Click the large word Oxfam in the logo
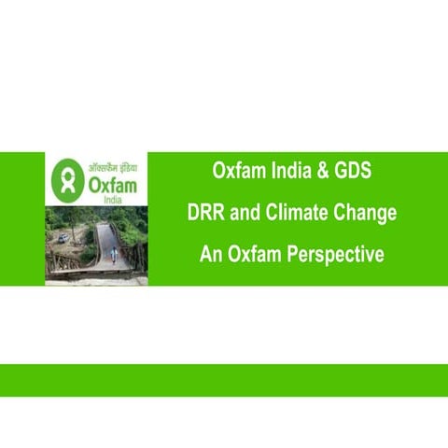(112, 184)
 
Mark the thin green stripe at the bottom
(224, 380)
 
